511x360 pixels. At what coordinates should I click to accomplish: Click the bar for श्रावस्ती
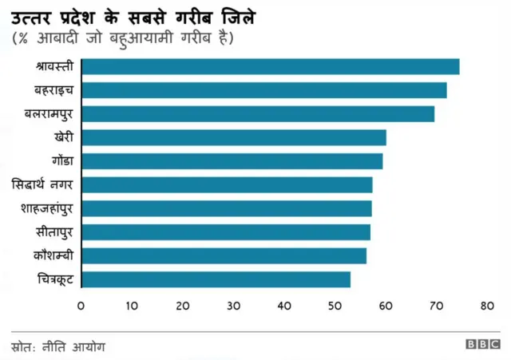(x=270, y=66)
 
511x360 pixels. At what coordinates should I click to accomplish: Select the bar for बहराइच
(x=263, y=90)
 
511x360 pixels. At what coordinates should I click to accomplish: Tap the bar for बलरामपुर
(x=258, y=113)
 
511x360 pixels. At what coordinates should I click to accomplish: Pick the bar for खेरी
(x=233, y=137)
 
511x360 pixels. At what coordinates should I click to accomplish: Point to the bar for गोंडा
(x=232, y=161)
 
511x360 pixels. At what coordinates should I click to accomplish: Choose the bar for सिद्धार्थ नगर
(x=227, y=185)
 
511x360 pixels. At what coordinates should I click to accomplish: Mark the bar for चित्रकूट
(x=216, y=279)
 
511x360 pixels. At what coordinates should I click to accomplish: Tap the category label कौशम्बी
(x=53, y=256)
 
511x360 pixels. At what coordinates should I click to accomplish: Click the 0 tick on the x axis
(x=81, y=306)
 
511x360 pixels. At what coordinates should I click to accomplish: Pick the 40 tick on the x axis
(x=284, y=306)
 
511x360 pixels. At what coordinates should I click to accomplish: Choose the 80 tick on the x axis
(x=488, y=306)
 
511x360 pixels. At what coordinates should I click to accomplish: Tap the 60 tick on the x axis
(x=386, y=306)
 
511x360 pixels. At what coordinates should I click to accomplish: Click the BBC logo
(x=483, y=344)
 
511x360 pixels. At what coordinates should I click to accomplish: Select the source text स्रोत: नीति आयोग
(x=58, y=346)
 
